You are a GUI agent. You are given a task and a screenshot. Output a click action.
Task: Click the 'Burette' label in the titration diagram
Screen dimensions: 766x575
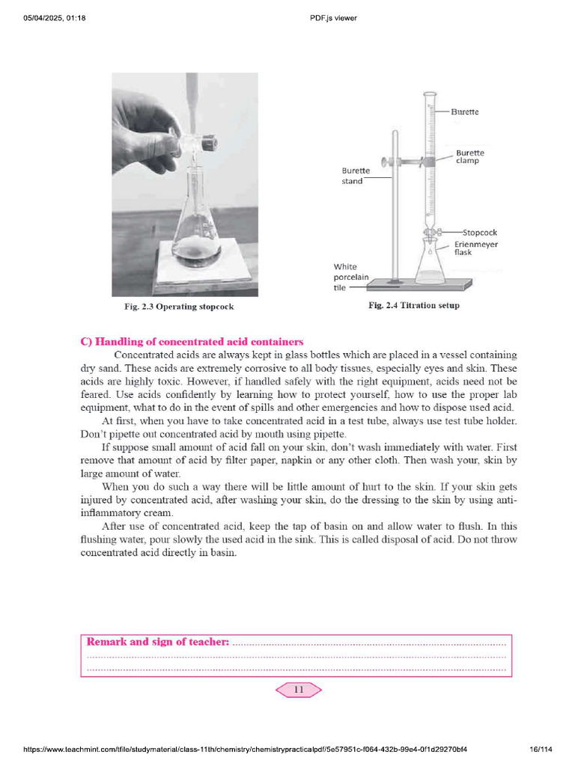click(x=464, y=112)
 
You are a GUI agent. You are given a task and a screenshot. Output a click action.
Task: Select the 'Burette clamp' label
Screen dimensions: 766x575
click(x=469, y=157)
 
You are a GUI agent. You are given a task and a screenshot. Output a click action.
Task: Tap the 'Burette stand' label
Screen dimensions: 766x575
click(x=356, y=176)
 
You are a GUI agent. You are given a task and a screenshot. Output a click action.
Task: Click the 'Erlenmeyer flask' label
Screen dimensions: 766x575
click(x=475, y=248)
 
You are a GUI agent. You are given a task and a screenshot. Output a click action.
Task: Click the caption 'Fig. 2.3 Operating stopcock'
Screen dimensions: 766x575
click(x=183, y=307)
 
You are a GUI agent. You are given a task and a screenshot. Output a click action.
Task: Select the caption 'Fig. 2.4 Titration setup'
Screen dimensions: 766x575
click(x=414, y=305)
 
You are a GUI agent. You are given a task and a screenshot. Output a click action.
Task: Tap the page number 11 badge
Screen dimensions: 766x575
click(x=299, y=690)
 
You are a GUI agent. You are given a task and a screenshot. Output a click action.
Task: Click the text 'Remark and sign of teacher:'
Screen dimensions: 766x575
click(x=158, y=642)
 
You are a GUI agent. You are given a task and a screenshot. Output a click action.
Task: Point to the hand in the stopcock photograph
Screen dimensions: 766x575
click(x=146, y=131)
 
